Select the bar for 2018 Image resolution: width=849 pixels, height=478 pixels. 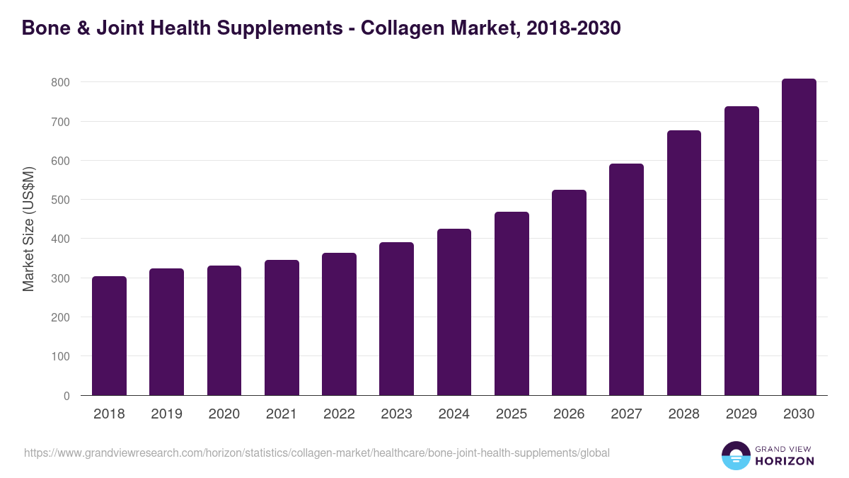tap(109, 336)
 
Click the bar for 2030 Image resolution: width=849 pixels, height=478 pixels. tap(799, 237)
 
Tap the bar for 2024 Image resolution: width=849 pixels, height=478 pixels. tap(454, 312)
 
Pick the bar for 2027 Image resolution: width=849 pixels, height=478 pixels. tap(626, 280)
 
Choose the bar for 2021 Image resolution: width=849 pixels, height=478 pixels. tap(282, 328)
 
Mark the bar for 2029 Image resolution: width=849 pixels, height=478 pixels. tap(741, 251)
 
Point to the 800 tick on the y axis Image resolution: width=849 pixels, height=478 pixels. tap(60, 82)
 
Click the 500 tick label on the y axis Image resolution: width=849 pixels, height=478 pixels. tap(60, 200)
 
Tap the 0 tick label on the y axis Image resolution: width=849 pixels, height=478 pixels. tap(67, 396)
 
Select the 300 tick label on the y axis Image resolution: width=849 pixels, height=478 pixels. tap(60, 278)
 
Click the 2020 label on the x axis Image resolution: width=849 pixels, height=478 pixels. tap(224, 414)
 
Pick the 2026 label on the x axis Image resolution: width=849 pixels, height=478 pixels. tap(569, 414)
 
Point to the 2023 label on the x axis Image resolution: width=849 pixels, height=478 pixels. tap(396, 414)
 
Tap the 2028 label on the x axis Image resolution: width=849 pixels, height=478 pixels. tap(684, 414)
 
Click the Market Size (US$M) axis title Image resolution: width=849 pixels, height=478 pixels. tap(28, 229)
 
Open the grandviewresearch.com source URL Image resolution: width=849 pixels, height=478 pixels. tap(316, 453)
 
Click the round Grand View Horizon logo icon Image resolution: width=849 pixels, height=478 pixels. tap(735, 455)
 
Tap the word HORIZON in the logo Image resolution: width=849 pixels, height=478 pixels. tap(784, 461)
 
